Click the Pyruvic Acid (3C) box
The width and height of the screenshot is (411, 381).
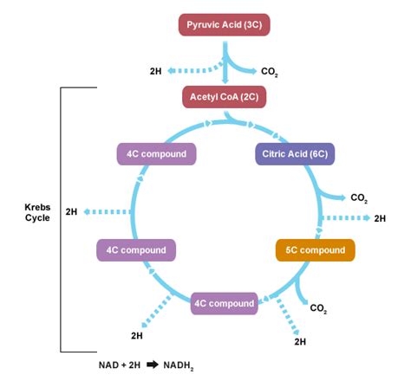pos(225,24)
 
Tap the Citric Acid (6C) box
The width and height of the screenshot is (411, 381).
pos(293,154)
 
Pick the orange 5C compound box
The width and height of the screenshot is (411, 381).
pos(315,250)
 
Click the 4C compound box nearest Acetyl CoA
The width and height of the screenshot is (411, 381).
pos(157,154)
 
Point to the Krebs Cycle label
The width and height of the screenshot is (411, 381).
pos(36,212)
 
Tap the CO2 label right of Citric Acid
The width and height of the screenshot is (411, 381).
pos(359,198)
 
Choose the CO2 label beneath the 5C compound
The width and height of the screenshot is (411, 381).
pos(318,308)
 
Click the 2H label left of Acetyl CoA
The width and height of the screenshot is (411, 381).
pos(155,70)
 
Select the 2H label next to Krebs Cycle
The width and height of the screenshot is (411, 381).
pos(72,211)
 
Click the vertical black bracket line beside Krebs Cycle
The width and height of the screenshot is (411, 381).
pos(60,216)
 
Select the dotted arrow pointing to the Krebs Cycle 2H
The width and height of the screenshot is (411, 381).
pos(108,211)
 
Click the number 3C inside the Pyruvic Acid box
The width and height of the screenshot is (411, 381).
pos(254,24)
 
